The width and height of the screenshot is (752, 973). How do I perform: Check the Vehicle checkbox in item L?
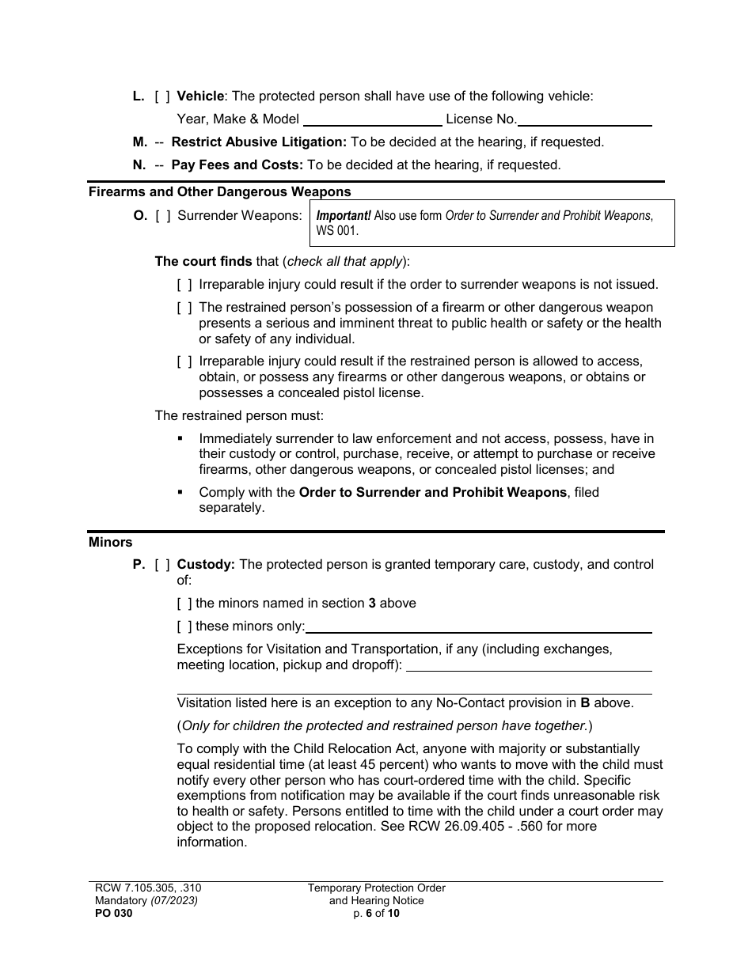[x=161, y=97]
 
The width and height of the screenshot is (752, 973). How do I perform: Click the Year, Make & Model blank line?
[x=372, y=120]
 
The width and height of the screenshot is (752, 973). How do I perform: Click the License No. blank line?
[x=585, y=120]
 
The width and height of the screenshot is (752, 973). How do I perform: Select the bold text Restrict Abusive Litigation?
[x=259, y=142]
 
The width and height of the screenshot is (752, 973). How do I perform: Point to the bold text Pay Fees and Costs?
[x=237, y=165]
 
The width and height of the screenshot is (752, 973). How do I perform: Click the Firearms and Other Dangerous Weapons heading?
[x=219, y=191]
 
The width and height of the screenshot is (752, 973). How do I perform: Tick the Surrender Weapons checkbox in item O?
[x=161, y=215]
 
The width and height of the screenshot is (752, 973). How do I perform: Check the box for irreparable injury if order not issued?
[x=184, y=285]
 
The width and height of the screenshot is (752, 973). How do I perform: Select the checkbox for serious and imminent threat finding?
[x=184, y=308]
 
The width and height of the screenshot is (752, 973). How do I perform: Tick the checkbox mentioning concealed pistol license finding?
[x=184, y=362]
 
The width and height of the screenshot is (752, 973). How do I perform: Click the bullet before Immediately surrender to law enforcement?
[x=180, y=438]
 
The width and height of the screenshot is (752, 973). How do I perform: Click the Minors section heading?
[x=110, y=543]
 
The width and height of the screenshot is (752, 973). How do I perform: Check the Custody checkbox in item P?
[x=161, y=565]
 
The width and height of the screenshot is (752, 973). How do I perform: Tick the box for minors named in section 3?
[x=184, y=604]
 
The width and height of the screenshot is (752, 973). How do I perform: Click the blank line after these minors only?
[x=478, y=627]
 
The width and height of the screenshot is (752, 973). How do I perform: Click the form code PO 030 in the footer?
[x=111, y=913]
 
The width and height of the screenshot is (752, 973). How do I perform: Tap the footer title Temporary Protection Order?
[x=377, y=888]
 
